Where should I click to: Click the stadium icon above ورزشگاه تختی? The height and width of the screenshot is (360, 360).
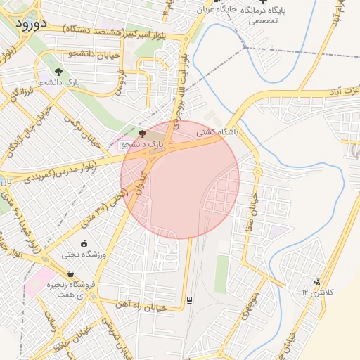pos(85,243)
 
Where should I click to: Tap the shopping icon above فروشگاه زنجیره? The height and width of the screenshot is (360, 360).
pos(70,274)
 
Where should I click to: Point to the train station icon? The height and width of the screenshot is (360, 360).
pos(189,300)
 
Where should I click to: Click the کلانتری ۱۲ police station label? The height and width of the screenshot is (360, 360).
pos(316,291)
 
